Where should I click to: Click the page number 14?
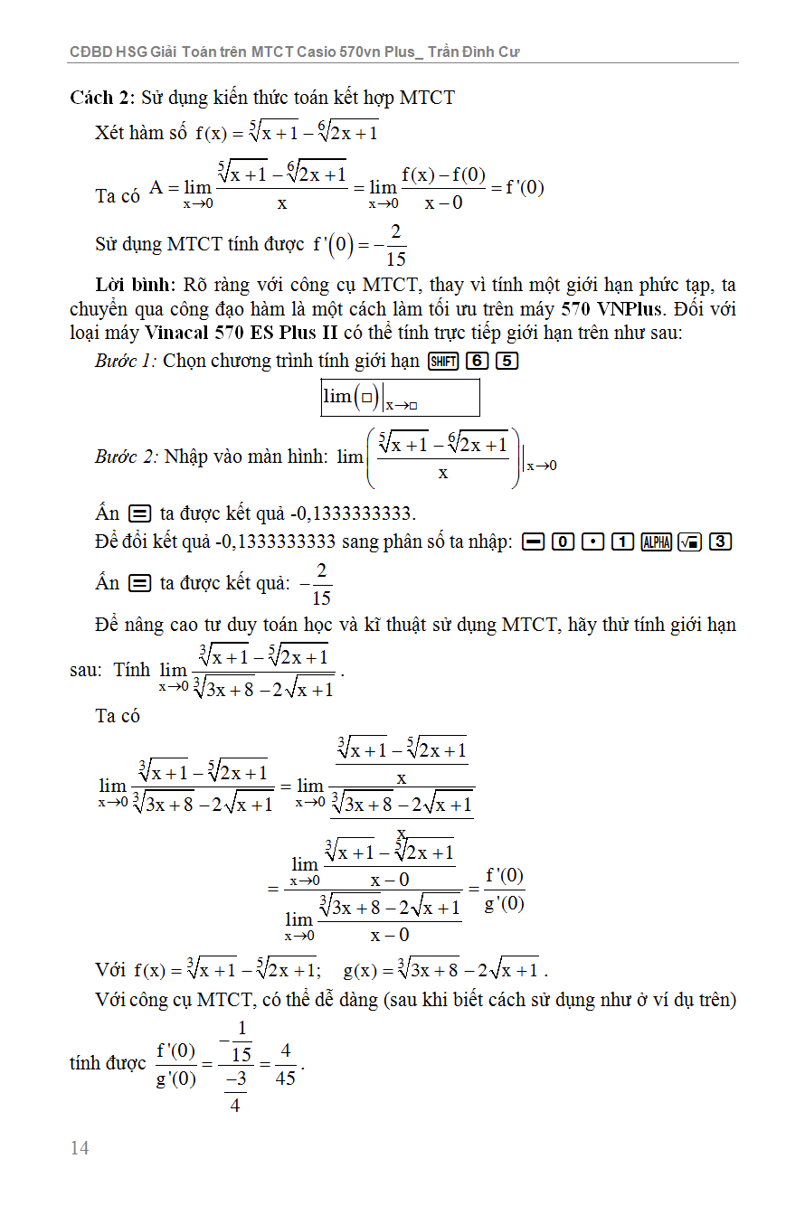[x=80, y=1148]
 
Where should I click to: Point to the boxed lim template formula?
[x=400, y=397]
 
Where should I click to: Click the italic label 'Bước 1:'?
[x=126, y=361]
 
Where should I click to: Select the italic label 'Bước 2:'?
[x=126, y=457]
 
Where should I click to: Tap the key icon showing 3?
[x=720, y=542]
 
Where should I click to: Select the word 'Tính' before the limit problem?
[x=132, y=671]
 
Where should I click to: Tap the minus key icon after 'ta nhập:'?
[x=532, y=542]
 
